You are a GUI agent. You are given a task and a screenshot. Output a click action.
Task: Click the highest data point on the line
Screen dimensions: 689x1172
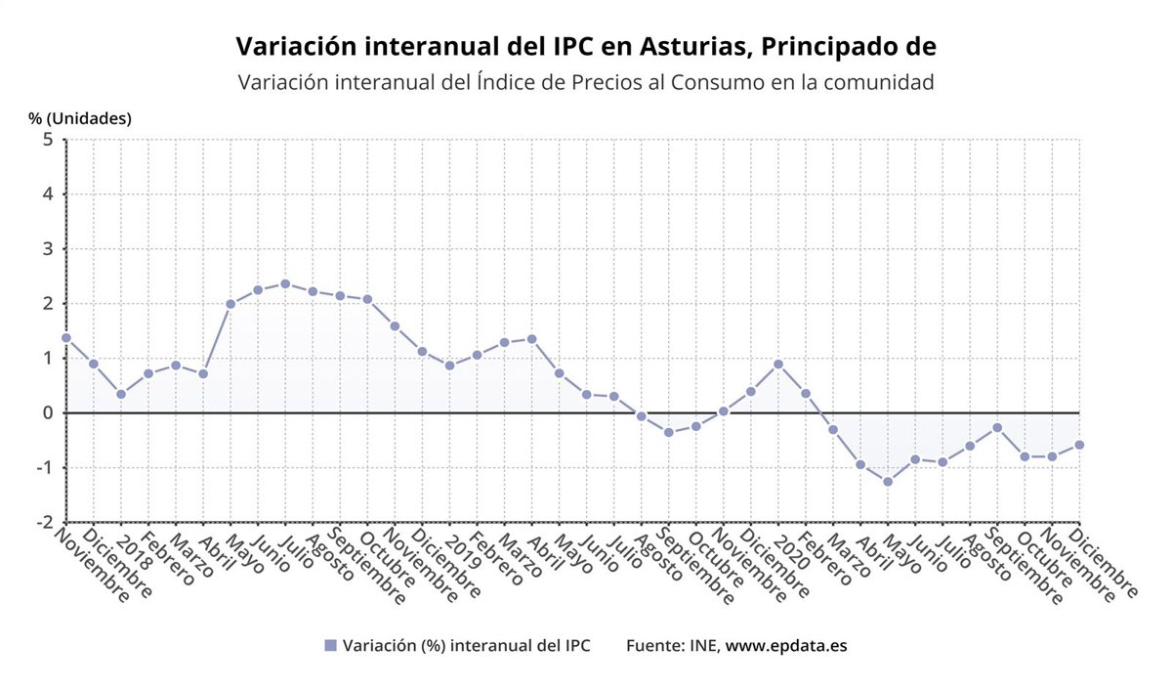(x=285, y=283)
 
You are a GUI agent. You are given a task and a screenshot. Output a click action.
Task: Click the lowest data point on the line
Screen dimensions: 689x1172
(x=888, y=482)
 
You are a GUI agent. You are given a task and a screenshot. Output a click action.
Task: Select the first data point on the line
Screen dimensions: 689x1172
(x=66, y=337)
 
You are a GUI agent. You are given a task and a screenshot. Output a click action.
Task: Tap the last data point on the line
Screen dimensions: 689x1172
(x=1079, y=445)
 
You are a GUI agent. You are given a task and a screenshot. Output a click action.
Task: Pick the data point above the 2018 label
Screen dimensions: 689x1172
(x=121, y=394)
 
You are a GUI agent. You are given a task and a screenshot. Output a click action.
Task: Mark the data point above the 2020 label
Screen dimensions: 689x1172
(x=778, y=365)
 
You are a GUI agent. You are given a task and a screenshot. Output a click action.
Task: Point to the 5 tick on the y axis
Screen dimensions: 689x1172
(x=47, y=139)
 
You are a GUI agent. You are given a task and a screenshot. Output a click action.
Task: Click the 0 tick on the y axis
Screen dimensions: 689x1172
(x=47, y=412)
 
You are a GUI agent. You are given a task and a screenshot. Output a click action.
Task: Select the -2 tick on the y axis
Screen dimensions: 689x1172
(x=44, y=522)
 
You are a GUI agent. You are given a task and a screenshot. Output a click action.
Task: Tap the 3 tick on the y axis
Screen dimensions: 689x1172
(x=47, y=248)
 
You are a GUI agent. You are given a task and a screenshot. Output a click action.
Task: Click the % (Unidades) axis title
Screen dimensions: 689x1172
(x=80, y=118)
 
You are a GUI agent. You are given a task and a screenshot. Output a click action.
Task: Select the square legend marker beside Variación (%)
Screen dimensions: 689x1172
(x=330, y=645)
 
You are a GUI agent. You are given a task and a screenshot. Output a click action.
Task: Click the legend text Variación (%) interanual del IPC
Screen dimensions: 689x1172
(x=466, y=645)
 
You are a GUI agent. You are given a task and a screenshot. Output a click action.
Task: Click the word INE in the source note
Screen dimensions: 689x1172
(x=702, y=645)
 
